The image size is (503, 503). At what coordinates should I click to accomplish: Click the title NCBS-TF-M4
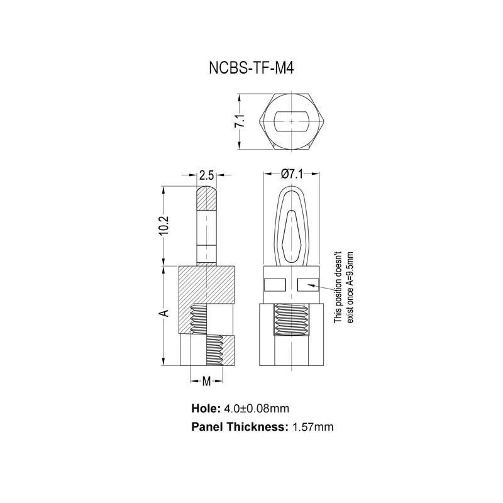pyautogui.click(x=251, y=67)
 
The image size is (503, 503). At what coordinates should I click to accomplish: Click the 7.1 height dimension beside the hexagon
pyautogui.click(x=240, y=123)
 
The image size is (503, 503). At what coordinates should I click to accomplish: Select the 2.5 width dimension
pyautogui.click(x=207, y=175)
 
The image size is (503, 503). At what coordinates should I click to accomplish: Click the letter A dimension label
pyautogui.click(x=163, y=312)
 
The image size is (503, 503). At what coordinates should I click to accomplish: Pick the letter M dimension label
pyautogui.click(x=206, y=381)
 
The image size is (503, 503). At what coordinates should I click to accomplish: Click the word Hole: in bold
pyautogui.click(x=206, y=408)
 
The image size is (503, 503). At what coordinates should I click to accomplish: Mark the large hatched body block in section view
pyautogui.click(x=207, y=289)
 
